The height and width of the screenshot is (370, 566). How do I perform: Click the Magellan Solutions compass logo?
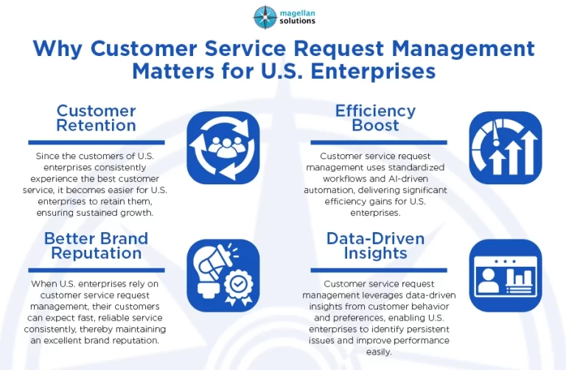click(x=265, y=16)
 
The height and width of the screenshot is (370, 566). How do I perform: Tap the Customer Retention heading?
click(x=96, y=118)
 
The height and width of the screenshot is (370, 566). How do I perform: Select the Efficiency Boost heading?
click(x=375, y=118)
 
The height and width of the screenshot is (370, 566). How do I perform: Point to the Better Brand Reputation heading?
click(x=96, y=245)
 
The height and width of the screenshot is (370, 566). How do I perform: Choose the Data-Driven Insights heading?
click(x=375, y=245)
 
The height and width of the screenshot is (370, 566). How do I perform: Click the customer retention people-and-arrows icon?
click(x=223, y=147)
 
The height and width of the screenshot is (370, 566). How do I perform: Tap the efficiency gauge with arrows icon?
click(x=505, y=147)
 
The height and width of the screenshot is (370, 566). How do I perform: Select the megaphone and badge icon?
click(x=223, y=275)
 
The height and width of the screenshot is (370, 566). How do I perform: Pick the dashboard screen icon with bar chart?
click(x=505, y=275)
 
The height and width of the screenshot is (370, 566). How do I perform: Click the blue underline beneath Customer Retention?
click(x=96, y=142)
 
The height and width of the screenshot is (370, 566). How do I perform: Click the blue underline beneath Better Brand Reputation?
click(x=96, y=269)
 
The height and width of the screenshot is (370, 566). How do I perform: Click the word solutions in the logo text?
click(x=298, y=21)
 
